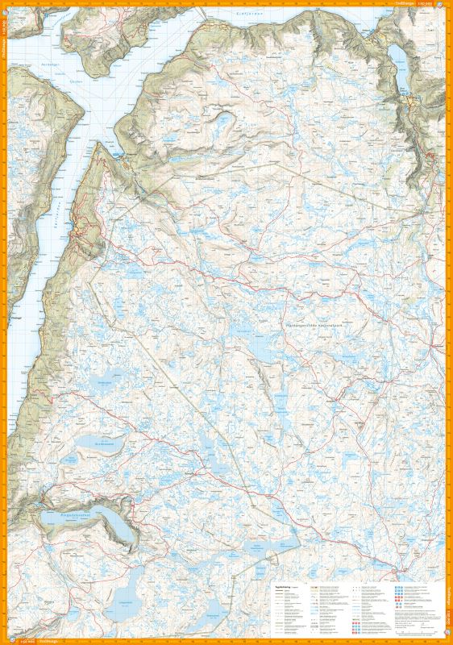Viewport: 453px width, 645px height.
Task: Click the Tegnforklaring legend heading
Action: [282, 587]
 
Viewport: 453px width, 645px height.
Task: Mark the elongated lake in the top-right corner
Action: [400, 52]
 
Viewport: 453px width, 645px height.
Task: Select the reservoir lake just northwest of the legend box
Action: [266, 548]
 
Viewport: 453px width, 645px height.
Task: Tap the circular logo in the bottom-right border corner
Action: [448, 641]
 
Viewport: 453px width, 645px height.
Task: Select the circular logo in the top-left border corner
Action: [4, 4]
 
